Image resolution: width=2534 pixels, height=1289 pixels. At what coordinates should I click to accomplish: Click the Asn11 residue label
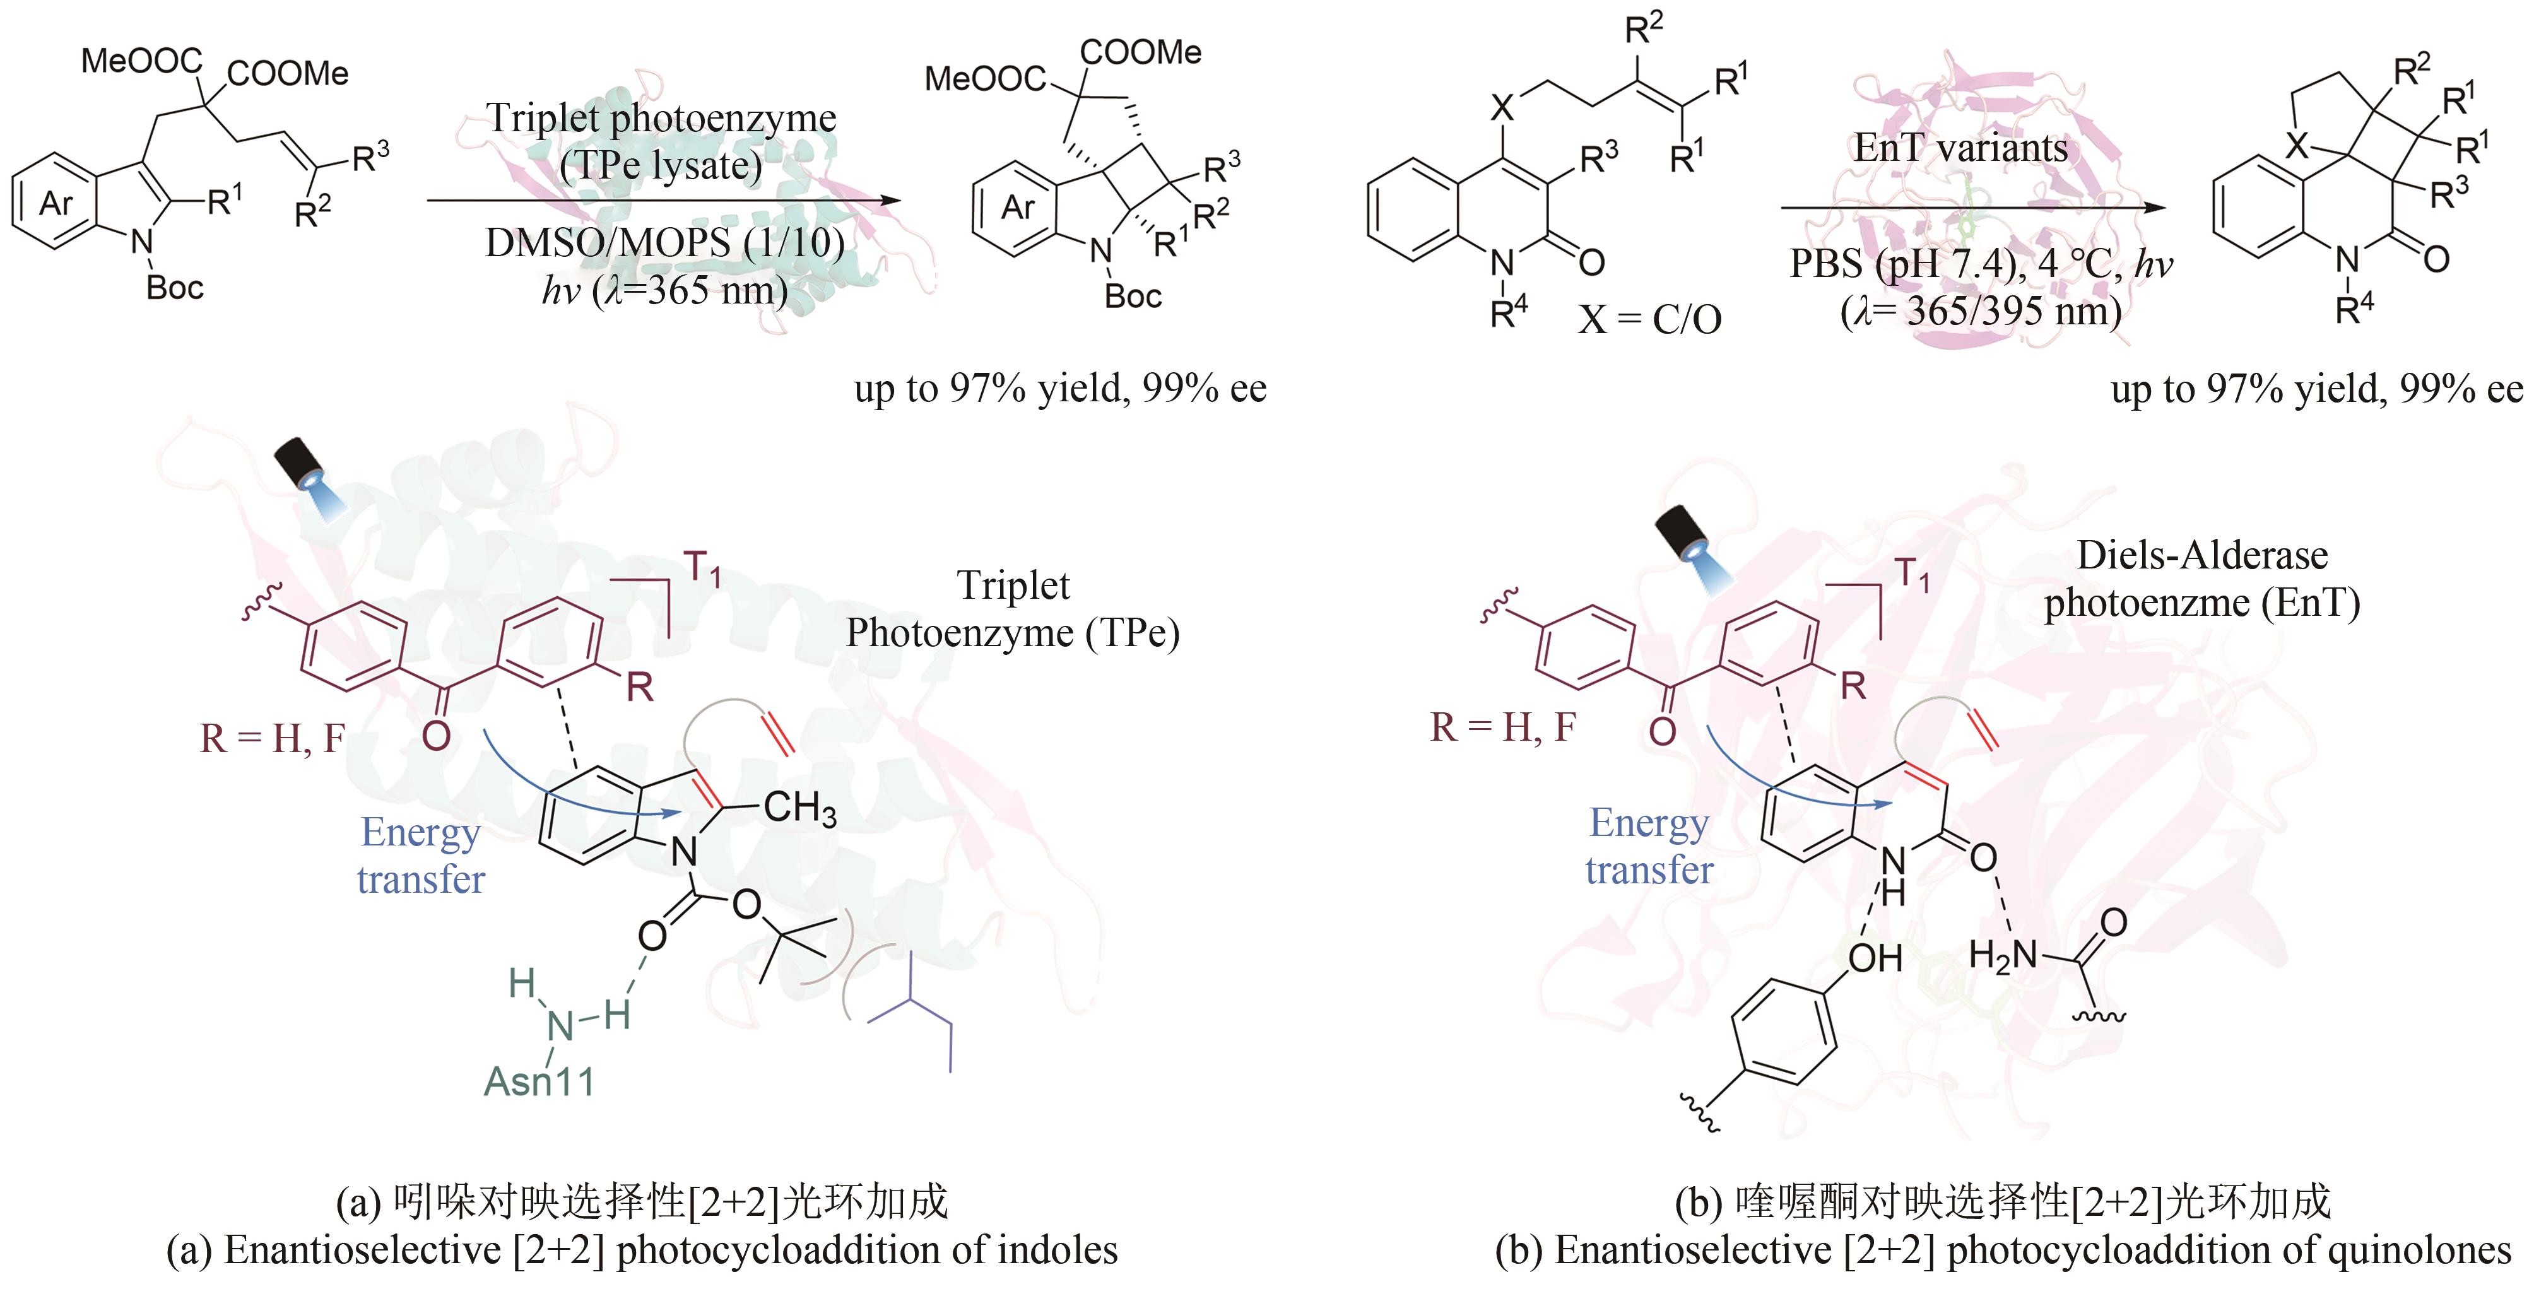(x=539, y=1082)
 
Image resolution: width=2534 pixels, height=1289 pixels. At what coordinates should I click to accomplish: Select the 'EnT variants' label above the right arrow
(x=1960, y=148)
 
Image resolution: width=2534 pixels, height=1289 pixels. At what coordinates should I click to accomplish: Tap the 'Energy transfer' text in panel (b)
(x=1649, y=846)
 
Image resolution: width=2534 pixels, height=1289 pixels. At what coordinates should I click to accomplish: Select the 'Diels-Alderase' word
(x=2201, y=556)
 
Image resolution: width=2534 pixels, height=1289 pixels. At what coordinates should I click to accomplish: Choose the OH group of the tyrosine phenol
(x=1875, y=957)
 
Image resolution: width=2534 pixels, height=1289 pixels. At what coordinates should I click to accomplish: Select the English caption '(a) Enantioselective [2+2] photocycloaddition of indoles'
(x=641, y=1251)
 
